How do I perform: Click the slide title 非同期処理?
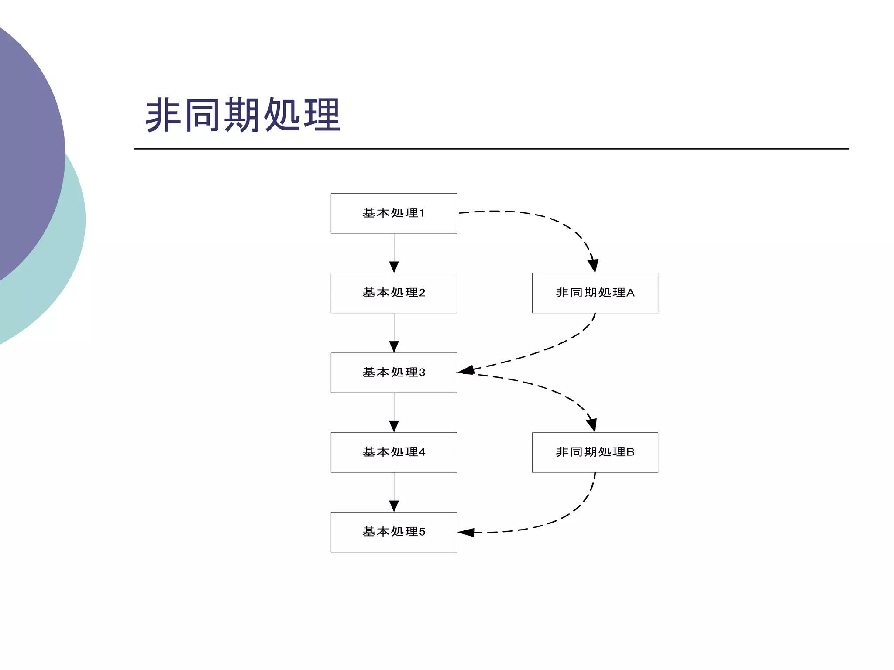(243, 115)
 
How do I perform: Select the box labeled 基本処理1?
(394, 213)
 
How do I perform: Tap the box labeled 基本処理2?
(394, 293)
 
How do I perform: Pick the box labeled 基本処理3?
(394, 373)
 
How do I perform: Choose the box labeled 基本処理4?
(394, 452)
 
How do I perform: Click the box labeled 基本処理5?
(394, 532)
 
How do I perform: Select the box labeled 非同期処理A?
(595, 293)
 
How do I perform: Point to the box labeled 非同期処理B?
(595, 452)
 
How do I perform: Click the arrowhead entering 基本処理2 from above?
(394, 267)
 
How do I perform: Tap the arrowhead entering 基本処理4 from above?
(394, 426)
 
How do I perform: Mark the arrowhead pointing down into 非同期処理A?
(593, 265)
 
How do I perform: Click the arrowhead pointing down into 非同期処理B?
(592, 424)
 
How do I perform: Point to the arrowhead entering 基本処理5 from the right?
(466, 532)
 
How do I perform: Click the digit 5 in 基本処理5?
(422, 532)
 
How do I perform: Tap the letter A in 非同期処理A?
(630, 293)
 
